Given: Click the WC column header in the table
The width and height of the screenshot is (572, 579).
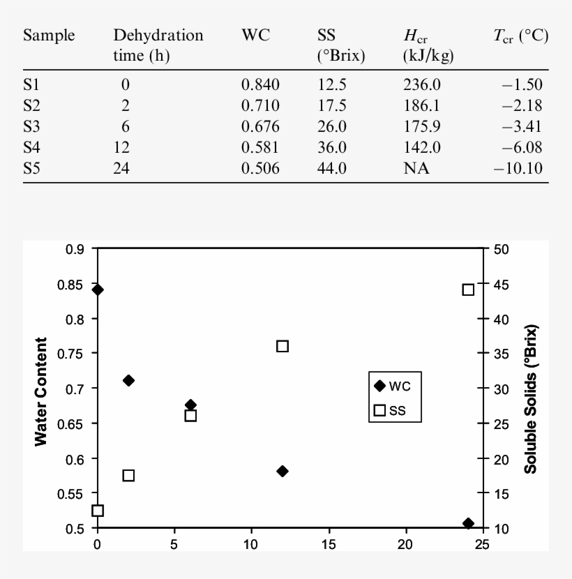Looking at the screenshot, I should (255, 36).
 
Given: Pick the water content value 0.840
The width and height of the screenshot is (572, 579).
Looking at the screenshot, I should (260, 86).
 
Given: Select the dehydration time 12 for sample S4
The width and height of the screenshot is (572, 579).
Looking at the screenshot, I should (123, 148).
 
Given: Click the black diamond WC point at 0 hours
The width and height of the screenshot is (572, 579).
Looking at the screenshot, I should (98, 289).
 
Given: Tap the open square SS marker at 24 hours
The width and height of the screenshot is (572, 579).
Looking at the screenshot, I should (468, 290).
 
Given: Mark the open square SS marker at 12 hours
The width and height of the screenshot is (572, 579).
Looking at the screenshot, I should (283, 346).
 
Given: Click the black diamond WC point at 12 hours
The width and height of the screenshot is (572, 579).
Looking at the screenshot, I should (283, 472).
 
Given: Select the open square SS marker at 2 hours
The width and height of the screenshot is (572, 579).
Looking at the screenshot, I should (128, 476).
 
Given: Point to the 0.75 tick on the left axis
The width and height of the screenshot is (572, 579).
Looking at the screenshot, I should (72, 354).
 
